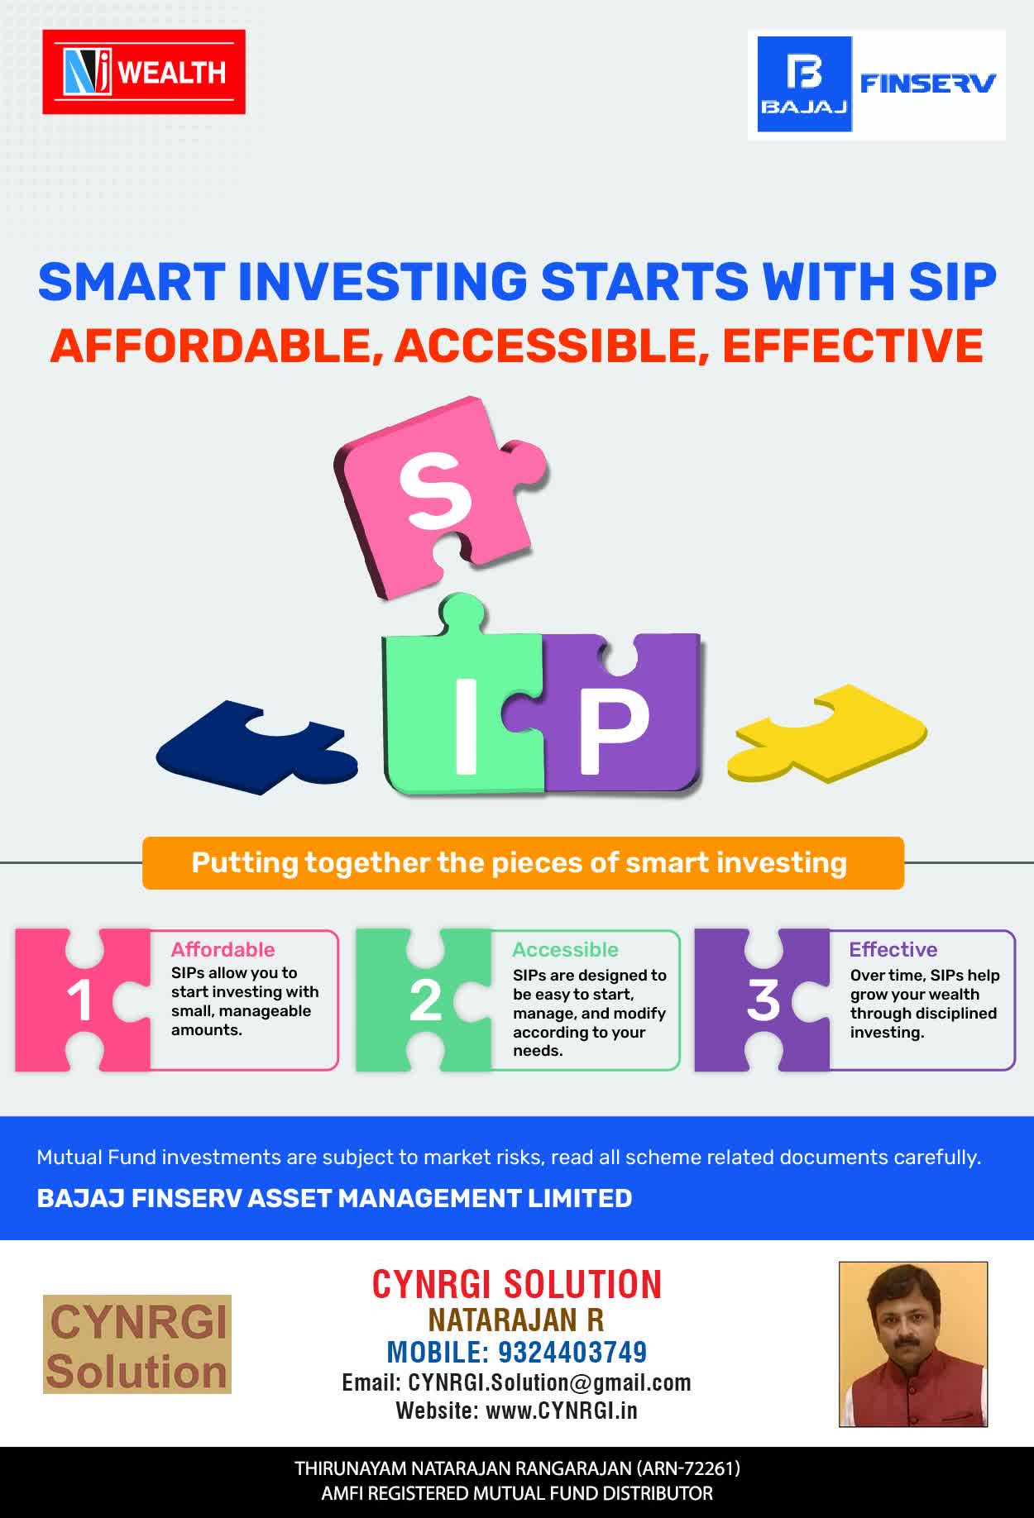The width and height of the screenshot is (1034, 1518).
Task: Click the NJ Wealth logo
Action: click(144, 72)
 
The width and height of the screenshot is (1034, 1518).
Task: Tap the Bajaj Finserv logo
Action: click(877, 84)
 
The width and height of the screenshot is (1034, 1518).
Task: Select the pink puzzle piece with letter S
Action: click(441, 496)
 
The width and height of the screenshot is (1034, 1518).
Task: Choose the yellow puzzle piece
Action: click(827, 733)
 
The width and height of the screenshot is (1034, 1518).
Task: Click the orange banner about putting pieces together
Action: click(523, 863)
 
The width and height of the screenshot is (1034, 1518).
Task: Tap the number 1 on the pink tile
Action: click(79, 1001)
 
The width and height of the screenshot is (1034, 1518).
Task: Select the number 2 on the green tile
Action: click(425, 1001)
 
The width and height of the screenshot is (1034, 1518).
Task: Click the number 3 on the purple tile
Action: click(764, 1000)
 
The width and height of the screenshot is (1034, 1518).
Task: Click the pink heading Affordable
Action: click(223, 949)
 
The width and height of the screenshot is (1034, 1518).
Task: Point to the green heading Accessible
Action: click(565, 950)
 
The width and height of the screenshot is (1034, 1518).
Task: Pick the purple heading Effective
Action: click(893, 949)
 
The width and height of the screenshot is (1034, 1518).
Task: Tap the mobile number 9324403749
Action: click(572, 1352)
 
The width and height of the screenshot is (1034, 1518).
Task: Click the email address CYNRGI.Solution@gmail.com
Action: click(550, 1382)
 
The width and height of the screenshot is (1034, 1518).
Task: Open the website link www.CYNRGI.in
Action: click(562, 1411)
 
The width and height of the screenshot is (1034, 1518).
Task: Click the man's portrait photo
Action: click(913, 1344)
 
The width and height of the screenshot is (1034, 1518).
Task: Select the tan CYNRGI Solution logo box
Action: click(137, 1344)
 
